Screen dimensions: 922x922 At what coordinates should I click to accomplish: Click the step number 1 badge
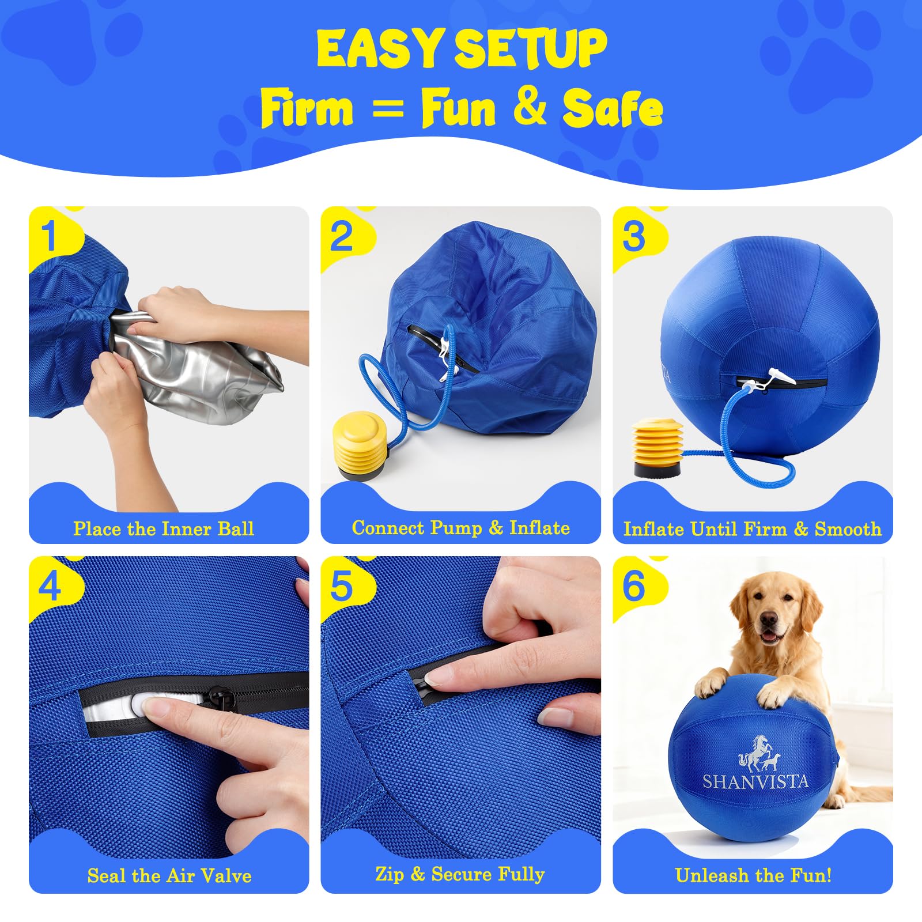[x=50, y=236]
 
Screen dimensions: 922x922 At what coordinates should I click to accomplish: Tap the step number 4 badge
[x=50, y=586]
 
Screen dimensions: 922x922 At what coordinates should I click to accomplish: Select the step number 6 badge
[x=634, y=586]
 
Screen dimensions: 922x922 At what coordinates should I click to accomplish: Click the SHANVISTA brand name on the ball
[x=755, y=781]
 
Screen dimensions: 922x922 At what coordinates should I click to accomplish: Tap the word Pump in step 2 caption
[x=457, y=528]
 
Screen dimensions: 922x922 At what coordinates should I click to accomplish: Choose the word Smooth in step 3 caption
[x=848, y=529]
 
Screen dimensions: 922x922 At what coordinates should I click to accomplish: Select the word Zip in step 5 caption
[x=389, y=874]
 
